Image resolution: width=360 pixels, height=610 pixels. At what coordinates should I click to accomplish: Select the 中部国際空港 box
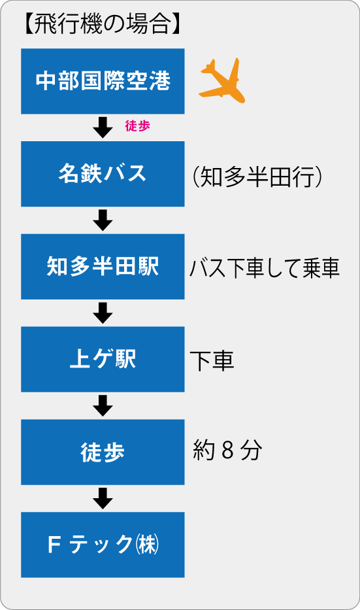pyautogui.click(x=103, y=81)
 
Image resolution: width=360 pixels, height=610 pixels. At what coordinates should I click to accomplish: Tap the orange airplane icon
pyautogui.click(x=222, y=80)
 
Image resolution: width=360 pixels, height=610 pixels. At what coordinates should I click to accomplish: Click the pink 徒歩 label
pyautogui.click(x=137, y=126)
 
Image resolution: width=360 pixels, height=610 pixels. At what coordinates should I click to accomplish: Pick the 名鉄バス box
pyautogui.click(x=103, y=174)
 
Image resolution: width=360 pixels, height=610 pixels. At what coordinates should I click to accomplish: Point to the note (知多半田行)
pyautogui.click(x=257, y=178)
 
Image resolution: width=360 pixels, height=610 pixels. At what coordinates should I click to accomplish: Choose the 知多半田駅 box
pyautogui.click(x=103, y=267)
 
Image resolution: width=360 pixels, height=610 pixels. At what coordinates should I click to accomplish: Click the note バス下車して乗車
pyautogui.click(x=265, y=269)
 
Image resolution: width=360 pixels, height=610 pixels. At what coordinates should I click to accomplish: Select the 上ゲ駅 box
pyautogui.click(x=103, y=359)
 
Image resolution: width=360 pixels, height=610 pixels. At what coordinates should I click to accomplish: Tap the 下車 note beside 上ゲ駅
pyautogui.click(x=212, y=360)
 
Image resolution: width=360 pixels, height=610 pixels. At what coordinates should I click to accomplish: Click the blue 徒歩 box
pyautogui.click(x=103, y=452)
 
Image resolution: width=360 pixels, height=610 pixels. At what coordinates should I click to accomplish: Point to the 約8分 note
pyautogui.click(x=227, y=451)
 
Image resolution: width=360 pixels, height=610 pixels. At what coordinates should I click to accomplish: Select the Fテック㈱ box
pyautogui.click(x=103, y=545)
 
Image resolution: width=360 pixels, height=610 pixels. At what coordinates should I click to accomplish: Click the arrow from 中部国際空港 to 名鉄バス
pyautogui.click(x=103, y=127)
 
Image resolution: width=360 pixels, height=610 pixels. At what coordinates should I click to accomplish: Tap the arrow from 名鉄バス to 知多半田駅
pyautogui.click(x=103, y=220)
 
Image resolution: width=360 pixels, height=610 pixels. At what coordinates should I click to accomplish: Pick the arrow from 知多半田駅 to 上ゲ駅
pyautogui.click(x=103, y=313)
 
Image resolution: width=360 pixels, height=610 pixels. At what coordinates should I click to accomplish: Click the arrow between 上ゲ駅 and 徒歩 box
pyautogui.click(x=103, y=405)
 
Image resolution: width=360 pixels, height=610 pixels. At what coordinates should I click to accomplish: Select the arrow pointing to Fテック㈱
pyautogui.click(x=103, y=498)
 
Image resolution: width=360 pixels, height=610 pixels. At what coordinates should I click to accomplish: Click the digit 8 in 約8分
pyautogui.click(x=228, y=451)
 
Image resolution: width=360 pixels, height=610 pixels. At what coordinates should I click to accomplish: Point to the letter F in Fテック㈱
pyautogui.click(x=54, y=545)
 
